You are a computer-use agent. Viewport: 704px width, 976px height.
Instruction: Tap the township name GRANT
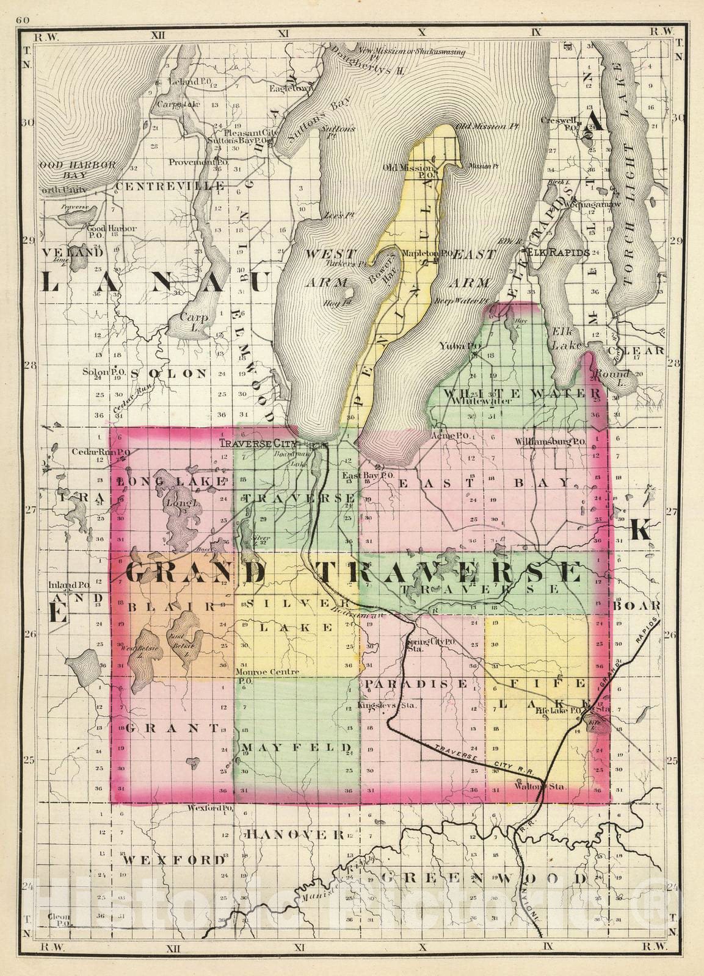coord(173,728)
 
